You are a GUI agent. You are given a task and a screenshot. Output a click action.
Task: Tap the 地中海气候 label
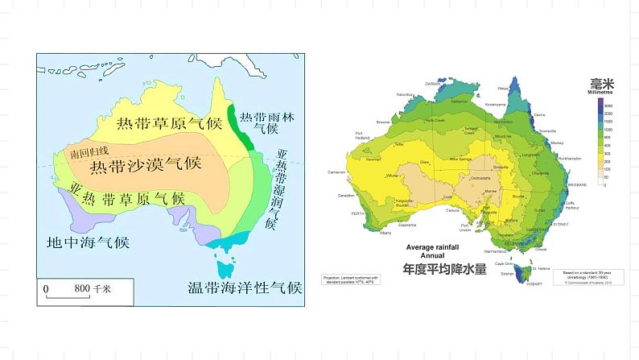(89, 242)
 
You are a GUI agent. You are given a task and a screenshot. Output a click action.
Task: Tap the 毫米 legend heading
(601, 83)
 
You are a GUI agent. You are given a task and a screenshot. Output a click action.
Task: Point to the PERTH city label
(359, 213)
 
